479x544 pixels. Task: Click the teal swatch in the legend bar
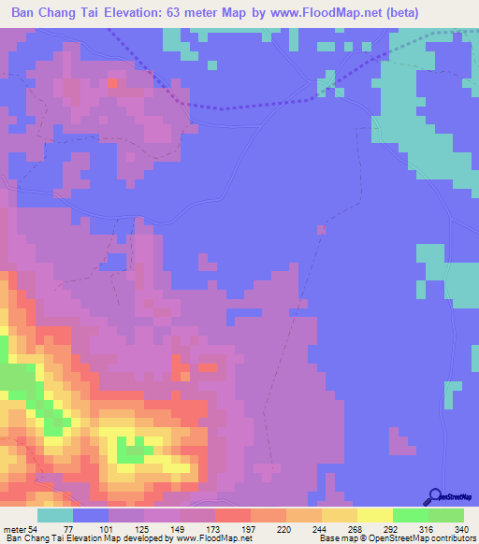tap(55, 515)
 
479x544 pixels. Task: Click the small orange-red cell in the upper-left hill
tap(112, 82)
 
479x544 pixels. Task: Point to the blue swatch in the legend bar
tap(91, 515)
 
